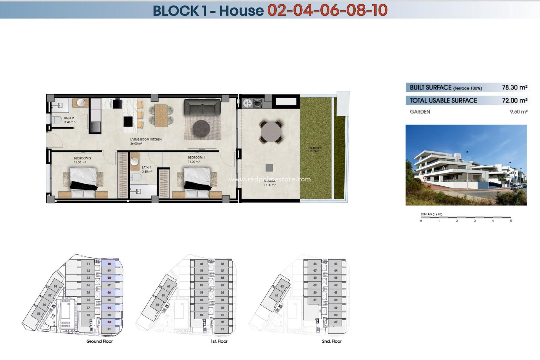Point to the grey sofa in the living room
pyautogui.click(x=202, y=107)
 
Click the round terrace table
pyautogui.click(x=271, y=132)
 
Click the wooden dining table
pyautogui.click(x=161, y=115)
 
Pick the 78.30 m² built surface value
pyautogui.click(x=514, y=87)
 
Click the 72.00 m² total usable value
pyautogui.click(x=514, y=100)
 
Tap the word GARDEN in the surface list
pyautogui.click(x=420, y=112)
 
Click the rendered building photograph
pyautogui.click(x=466, y=165)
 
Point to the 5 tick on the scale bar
pyautogui.click(x=511, y=221)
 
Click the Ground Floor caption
pyautogui.click(x=99, y=341)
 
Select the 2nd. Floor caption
pyautogui.click(x=332, y=341)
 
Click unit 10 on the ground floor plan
pyautogui.click(x=109, y=264)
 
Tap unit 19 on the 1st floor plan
pyautogui.click(x=222, y=329)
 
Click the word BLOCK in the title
pyautogui.click(x=176, y=11)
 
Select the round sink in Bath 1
pyautogui.click(x=135, y=161)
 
